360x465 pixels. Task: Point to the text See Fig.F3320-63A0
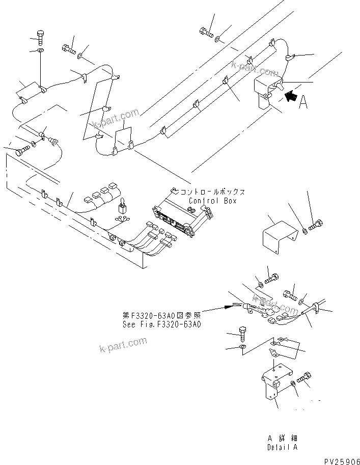tap(162, 324)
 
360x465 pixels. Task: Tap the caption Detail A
tap(282, 447)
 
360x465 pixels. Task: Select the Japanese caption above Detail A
tap(282, 439)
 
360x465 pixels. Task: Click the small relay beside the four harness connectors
tap(122, 209)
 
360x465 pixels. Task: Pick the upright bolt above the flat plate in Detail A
tap(243, 333)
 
